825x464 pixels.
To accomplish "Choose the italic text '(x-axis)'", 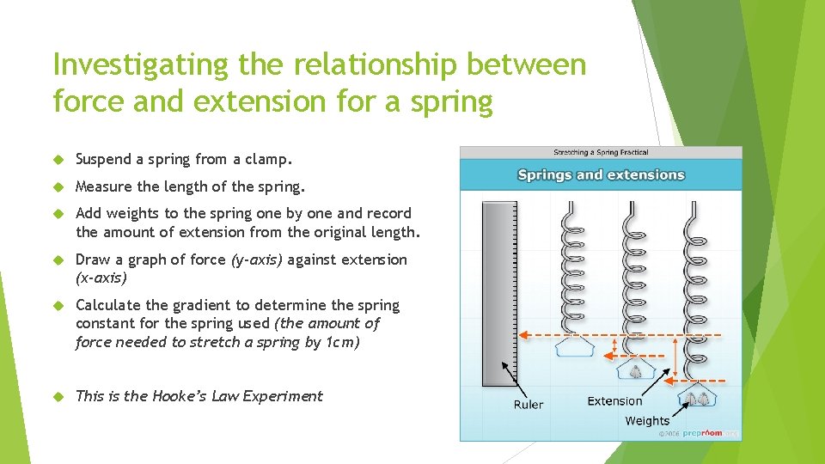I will [101, 278].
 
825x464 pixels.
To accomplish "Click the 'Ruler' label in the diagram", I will [529, 404].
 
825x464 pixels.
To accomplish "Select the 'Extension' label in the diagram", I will [614, 400].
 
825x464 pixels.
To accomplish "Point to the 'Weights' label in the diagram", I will [647, 420].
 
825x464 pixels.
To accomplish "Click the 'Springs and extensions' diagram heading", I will [601, 175].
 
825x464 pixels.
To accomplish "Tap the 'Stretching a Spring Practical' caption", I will [601, 153].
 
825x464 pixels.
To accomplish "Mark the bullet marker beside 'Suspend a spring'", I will [59, 160].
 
